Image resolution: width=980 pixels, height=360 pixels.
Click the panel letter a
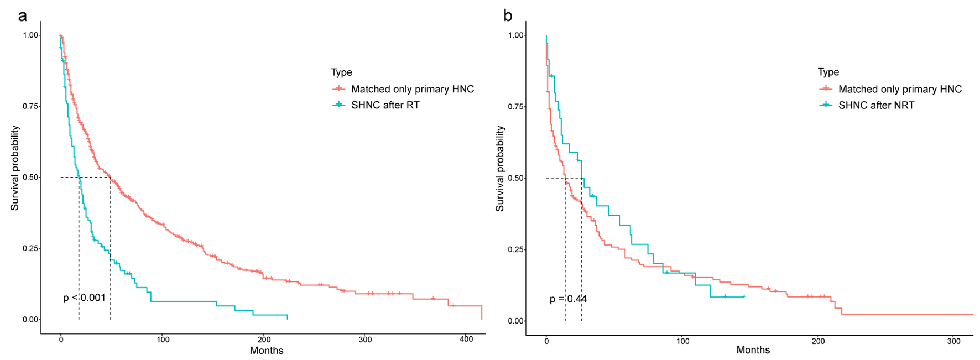pyautogui.click(x=22, y=16)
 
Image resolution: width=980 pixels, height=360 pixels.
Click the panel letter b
pyautogui.click(x=508, y=16)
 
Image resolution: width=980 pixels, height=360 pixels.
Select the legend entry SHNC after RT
pyautogui.click(x=385, y=105)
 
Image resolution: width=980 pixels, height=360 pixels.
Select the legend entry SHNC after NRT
pyautogui.click(x=876, y=105)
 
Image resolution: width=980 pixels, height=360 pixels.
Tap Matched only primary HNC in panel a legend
pyautogui.click(x=412, y=89)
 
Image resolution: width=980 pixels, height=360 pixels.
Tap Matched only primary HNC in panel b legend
pyautogui.click(x=900, y=89)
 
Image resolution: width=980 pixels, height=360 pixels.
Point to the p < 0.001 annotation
pyautogui.click(x=84, y=298)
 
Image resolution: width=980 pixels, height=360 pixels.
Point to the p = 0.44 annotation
pyautogui.click(x=568, y=299)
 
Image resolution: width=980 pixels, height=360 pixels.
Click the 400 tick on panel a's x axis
pyautogui.click(x=466, y=339)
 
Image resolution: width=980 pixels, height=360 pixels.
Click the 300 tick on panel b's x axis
pyautogui.click(x=953, y=341)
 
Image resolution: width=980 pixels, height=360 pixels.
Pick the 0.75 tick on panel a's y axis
pyautogui.click(x=31, y=106)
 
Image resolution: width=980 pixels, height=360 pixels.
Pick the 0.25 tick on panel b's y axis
pyautogui.click(x=516, y=249)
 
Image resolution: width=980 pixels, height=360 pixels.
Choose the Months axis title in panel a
pyautogui.click(x=267, y=351)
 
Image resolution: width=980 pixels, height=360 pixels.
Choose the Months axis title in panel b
pyautogui.click(x=753, y=350)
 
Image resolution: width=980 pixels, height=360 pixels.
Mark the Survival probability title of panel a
pyautogui.click(x=15, y=168)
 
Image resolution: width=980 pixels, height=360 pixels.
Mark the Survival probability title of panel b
pyautogui.click(x=500, y=168)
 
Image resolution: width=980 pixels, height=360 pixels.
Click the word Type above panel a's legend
pyautogui.click(x=341, y=72)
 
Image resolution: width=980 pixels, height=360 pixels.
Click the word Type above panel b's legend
pyautogui.click(x=828, y=72)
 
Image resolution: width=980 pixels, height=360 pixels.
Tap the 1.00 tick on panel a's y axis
pyautogui.click(x=31, y=35)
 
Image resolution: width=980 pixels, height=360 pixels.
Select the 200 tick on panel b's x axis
pyautogui.click(x=818, y=341)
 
